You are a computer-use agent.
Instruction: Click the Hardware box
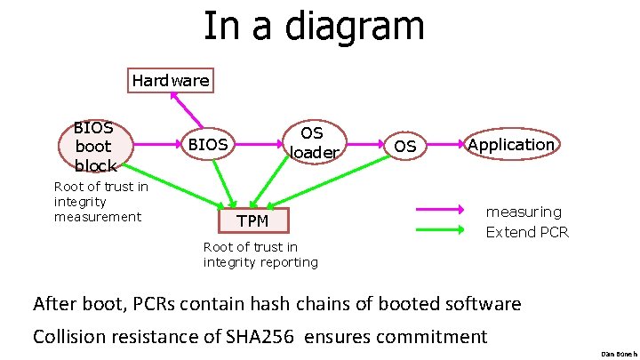[x=171, y=81]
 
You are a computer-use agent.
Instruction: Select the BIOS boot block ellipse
[x=93, y=146]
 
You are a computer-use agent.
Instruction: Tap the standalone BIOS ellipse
[x=206, y=144]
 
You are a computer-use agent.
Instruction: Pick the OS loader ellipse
[x=312, y=142]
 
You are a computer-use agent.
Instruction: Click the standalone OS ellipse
[x=404, y=146]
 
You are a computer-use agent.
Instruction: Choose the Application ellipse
[x=511, y=144]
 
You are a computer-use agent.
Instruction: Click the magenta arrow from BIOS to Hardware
[x=187, y=111]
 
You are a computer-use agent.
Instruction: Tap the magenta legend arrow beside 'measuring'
[x=441, y=211]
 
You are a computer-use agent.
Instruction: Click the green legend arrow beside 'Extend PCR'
[x=441, y=231]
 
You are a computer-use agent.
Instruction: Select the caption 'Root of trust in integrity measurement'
[x=100, y=202]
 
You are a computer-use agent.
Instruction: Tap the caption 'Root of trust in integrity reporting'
[x=260, y=254]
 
